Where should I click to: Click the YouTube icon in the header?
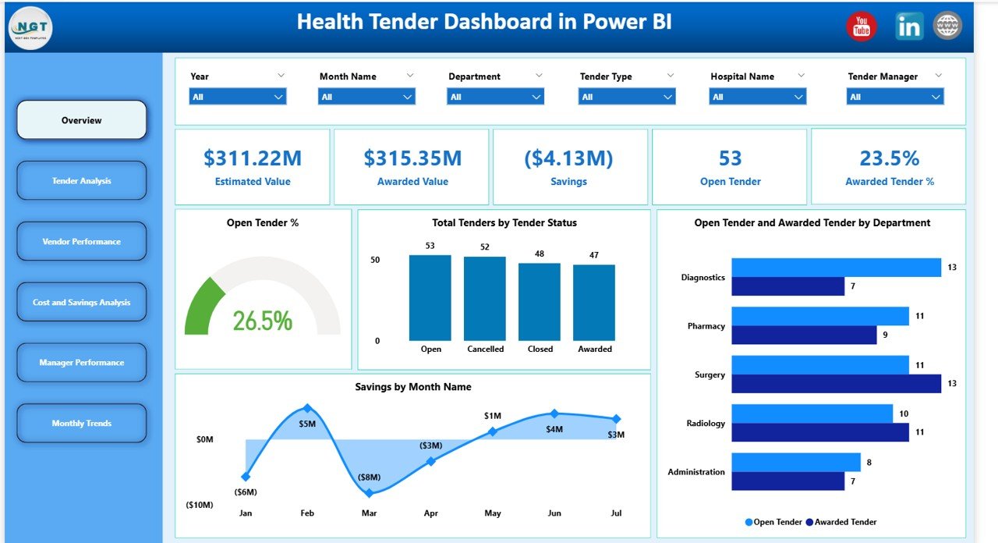862,27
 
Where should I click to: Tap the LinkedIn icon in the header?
908,27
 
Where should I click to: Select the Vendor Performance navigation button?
82,242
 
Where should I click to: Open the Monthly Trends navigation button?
82,424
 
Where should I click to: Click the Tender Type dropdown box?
627,97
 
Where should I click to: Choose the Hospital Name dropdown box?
757,97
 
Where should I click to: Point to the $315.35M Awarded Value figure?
412,158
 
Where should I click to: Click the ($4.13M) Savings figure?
570,158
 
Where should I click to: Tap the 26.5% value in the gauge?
262,321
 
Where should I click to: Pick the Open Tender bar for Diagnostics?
836,268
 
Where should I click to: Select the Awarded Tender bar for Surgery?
836,384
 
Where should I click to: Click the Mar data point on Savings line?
370,492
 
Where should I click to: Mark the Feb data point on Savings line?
307,408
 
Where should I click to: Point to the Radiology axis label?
705,424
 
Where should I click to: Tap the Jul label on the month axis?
616,513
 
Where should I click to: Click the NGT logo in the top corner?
30,27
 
